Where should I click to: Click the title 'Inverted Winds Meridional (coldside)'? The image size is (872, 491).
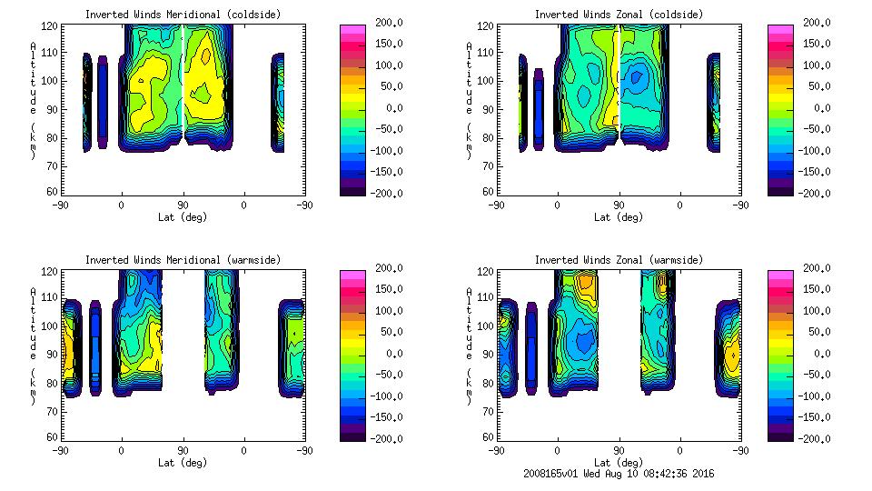tap(183, 15)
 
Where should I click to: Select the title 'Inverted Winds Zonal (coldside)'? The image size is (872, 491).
tap(619, 15)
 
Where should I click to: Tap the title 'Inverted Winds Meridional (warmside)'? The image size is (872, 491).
tap(183, 260)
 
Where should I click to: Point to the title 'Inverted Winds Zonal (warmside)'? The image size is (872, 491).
tap(619, 260)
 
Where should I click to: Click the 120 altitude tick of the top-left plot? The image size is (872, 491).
tap(54, 26)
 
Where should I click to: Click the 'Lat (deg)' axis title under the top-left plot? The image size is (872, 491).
tap(183, 217)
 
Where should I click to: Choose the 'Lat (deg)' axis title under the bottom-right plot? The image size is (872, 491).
tap(619, 463)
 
